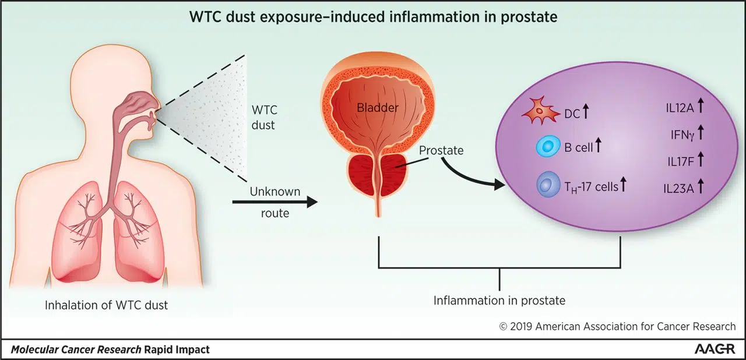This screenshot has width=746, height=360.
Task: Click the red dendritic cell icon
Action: pos(541,111)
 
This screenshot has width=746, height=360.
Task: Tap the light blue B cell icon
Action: pos(548,146)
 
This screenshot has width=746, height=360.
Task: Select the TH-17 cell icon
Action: pos(548,184)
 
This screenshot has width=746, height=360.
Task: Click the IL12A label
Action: pos(680,108)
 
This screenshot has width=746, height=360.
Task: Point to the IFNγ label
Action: pos(682,135)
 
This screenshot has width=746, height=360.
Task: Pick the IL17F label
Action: pos(681,162)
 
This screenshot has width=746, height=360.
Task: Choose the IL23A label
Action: pos(678,189)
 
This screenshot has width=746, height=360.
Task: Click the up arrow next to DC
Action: pos(586,111)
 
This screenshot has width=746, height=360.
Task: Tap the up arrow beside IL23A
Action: pos(701,186)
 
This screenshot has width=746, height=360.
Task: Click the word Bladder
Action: pos(377,107)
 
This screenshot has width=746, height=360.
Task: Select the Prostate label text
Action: pos(441,150)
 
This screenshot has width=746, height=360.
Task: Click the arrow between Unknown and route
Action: pos(275,202)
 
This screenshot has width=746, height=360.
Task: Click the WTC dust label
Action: pos(264,118)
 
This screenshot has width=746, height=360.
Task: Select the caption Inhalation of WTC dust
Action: pos(106,305)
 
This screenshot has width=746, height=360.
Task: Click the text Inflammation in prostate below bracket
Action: pos(499,301)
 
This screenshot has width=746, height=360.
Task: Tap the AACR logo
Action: pos(715,349)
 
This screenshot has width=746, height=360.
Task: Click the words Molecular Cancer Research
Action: pos(76,350)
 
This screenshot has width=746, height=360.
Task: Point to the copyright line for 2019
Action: pos(617,326)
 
